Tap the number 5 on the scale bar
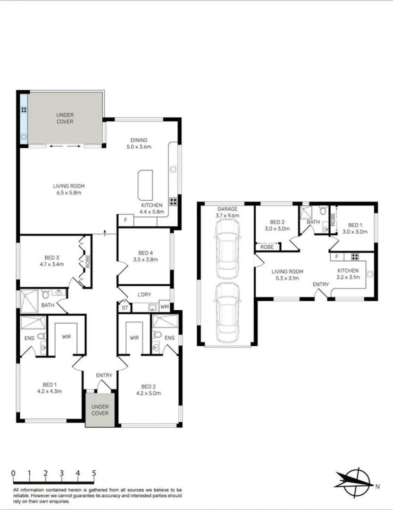(x=94, y=473)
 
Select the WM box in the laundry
(x=164, y=306)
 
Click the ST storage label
(x=125, y=308)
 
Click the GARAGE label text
(x=227, y=209)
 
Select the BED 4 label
(x=145, y=252)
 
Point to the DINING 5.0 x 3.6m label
(x=139, y=143)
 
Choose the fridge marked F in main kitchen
(x=125, y=221)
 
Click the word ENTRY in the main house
(x=104, y=375)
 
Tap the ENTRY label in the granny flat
(x=321, y=284)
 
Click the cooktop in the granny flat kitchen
(x=355, y=257)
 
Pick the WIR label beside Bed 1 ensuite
(x=66, y=338)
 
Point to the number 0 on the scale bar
(x=13, y=473)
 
